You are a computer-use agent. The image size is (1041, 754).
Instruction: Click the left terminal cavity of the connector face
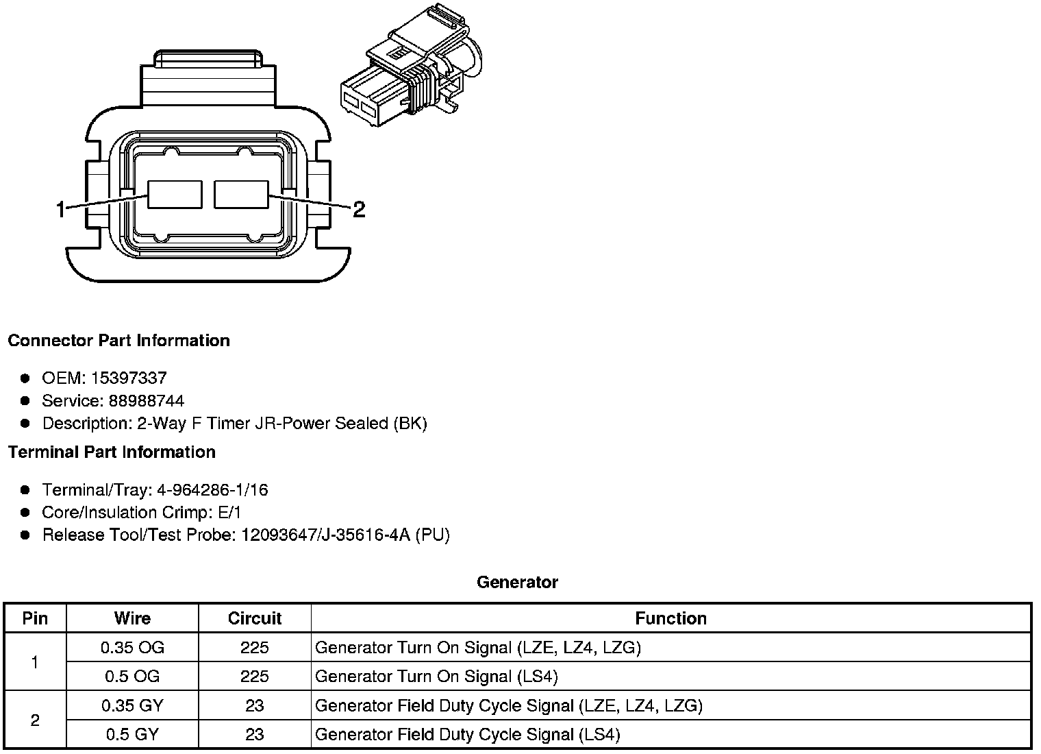(175, 194)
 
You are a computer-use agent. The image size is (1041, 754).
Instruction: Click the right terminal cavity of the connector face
(241, 194)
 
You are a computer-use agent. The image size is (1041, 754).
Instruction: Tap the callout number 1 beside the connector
(61, 209)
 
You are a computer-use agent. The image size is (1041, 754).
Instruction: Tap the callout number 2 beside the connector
(358, 209)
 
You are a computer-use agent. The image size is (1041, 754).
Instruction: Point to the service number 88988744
(146, 400)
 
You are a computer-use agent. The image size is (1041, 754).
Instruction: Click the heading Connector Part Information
(119, 341)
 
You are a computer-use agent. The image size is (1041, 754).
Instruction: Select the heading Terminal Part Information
(112, 452)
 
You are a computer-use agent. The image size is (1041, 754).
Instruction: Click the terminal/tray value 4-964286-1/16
(212, 490)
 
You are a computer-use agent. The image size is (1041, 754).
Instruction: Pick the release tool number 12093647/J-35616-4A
(325, 535)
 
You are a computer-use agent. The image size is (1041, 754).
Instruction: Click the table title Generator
(517, 583)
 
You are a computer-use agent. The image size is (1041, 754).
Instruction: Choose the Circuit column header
(255, 618)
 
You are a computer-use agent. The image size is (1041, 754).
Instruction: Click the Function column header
(670, 618)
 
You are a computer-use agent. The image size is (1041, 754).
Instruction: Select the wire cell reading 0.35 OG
(132, 647)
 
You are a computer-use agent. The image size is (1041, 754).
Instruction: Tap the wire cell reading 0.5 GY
(132, 735)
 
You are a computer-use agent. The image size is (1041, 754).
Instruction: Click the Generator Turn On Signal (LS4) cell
(436, 677)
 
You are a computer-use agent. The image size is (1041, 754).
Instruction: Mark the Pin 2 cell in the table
(35, 720)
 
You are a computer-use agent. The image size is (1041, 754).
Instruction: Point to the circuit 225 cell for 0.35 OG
(255, 647)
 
